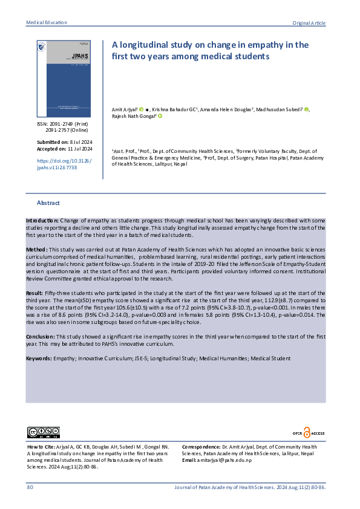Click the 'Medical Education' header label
click(x=47, y=22)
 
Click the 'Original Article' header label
click(x=309, y=23)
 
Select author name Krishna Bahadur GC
click(x=174, y=109)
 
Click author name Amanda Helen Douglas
click(x=226, y=109)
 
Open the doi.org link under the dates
click(x=57, y=164)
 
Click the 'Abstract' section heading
click(x=48, y=203)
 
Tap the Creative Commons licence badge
click(x=43, y=432)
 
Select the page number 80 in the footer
click(x=30, y=487)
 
